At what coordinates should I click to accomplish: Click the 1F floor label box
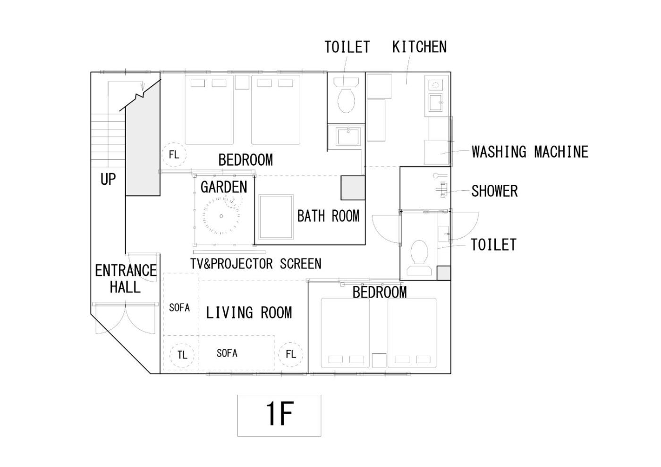tap(279, 415)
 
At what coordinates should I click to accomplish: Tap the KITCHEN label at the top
tap(419, 47)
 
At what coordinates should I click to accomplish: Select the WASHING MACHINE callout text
tap(530, 152)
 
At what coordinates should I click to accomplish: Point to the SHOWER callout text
tap(494, 191)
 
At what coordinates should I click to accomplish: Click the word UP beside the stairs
tap(108, 179)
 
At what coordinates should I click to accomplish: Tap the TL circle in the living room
tap(182, 355)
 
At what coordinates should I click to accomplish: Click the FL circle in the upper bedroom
tap(174, 155)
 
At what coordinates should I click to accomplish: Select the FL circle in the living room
tap(290, 354)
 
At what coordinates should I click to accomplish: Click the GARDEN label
tap(224, 187)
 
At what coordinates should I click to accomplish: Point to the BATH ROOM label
tap(328, 216)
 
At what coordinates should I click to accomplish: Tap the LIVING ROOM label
tap(249, 312)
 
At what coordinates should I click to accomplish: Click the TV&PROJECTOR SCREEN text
tap(256, 264)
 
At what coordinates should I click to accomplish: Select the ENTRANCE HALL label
tap(126, 279)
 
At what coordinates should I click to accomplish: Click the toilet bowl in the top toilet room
tap(346, 100)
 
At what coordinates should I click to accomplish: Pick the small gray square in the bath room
tap(353, 187)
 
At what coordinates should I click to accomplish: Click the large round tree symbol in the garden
tap(221, 216)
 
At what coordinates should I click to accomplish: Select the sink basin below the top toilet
tap(348, 136)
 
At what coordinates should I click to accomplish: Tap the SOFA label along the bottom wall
tap(227, 353)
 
